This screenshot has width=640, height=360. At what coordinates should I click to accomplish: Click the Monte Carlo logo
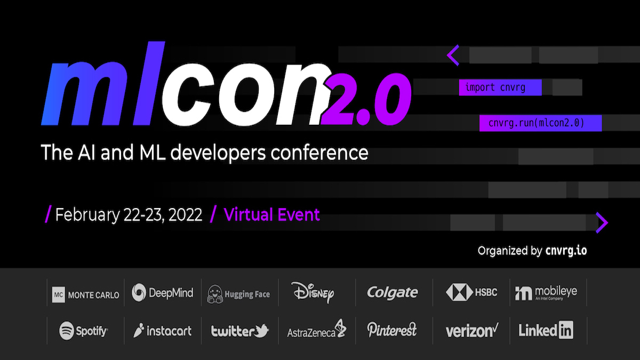85,294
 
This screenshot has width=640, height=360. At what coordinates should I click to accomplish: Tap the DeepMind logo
162,293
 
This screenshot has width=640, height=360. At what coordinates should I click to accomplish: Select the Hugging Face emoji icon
215,294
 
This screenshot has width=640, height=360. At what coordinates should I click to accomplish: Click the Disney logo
313,292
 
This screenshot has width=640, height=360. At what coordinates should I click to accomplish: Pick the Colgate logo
393,292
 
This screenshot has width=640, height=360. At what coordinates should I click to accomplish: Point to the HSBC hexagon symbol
459,292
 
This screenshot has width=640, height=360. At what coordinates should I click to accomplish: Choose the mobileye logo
546,293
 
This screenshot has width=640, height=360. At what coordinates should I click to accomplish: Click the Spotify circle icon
67,331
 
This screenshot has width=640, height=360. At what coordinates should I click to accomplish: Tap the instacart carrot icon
139,330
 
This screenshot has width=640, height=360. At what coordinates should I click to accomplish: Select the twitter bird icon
261,331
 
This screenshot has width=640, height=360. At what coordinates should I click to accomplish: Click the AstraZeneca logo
317,329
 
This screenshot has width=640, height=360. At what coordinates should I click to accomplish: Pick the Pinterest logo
391,330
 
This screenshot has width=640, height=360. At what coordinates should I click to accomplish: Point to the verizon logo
472,331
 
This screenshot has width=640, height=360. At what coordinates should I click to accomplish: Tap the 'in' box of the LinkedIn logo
566,330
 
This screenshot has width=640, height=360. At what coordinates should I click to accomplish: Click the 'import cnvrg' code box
500,87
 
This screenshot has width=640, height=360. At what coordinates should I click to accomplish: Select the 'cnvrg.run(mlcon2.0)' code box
541,123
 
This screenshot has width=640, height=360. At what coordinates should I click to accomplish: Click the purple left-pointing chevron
452,55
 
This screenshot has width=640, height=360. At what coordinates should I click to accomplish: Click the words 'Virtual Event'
271,215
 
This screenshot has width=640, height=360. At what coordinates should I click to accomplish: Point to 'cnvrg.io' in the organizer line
566,251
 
